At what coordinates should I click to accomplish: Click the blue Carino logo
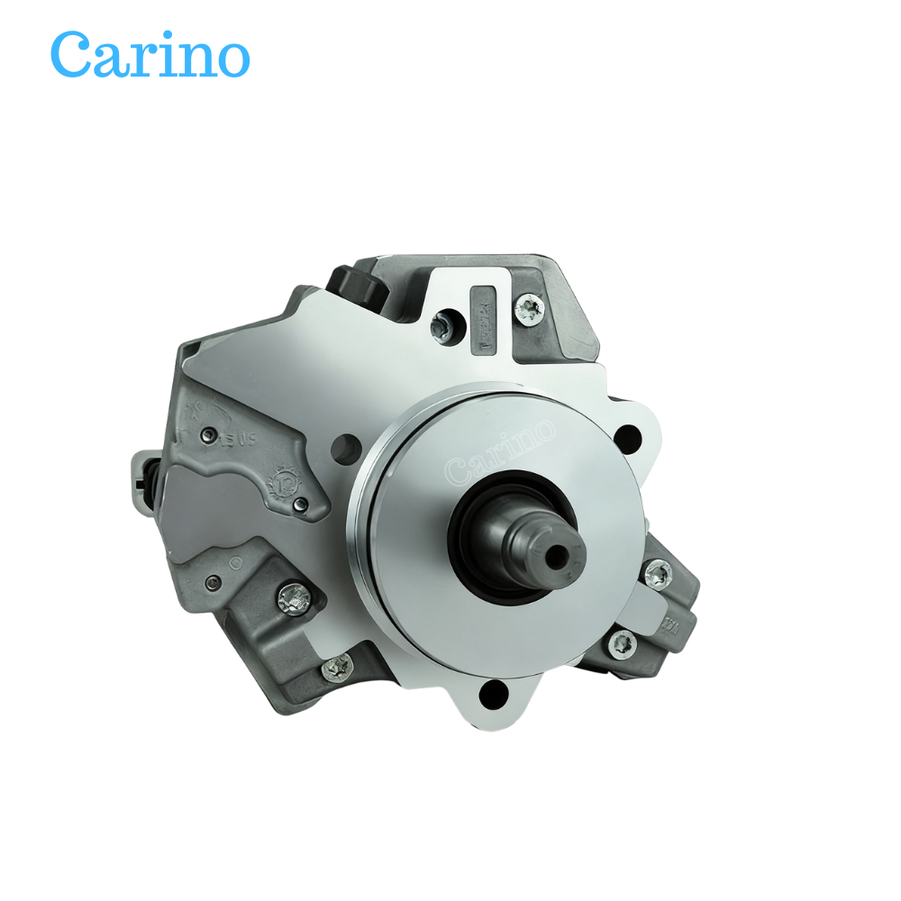[150, 54]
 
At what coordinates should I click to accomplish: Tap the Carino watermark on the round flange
[501, 450]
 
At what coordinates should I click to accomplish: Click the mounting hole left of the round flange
[342, 447]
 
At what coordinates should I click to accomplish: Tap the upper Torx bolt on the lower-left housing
[294, 594]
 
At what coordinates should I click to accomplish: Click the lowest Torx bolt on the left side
[340, 666]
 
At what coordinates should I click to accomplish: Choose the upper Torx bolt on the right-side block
[658, 572]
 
